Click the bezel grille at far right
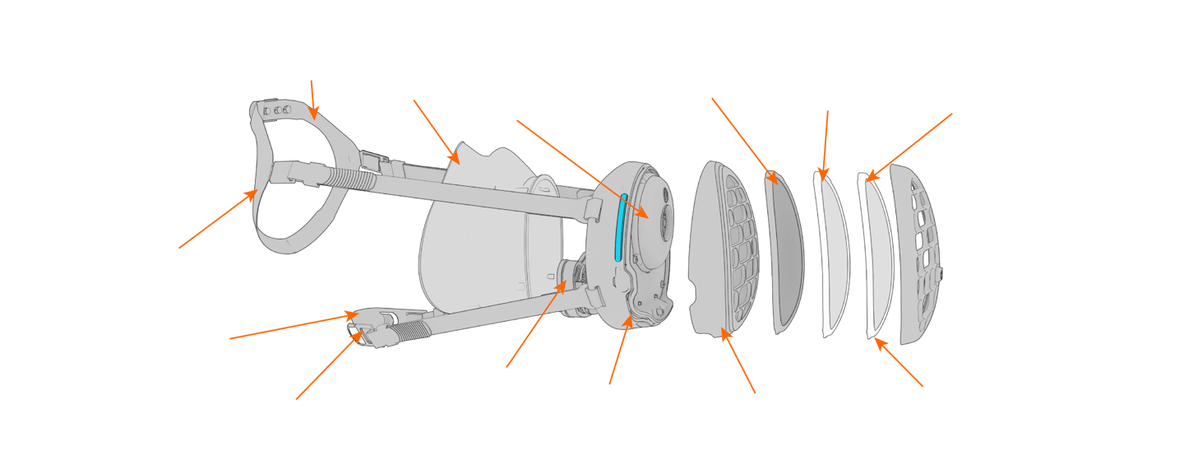[x=917, y=255]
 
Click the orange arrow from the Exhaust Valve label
[x=534, y=325]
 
